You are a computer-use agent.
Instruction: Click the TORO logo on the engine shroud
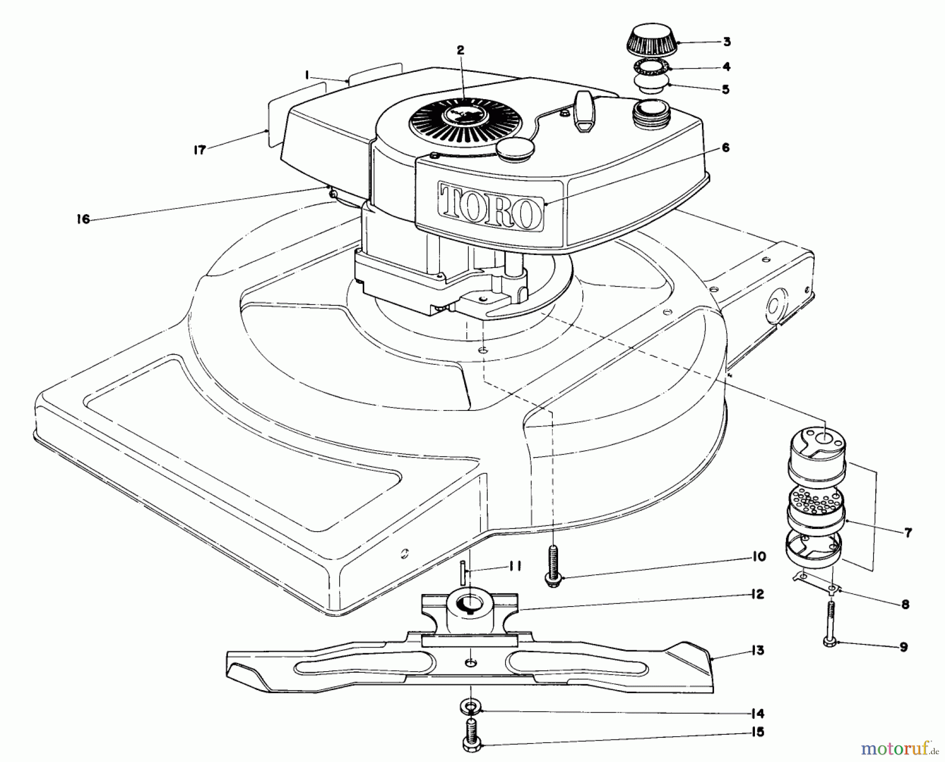[491, 206]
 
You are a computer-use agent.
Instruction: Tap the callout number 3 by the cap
[727, 42]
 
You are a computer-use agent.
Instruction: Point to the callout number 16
[83, 219]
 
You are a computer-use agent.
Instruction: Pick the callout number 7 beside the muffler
[908, 533]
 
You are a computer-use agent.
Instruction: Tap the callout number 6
[725, 149]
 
